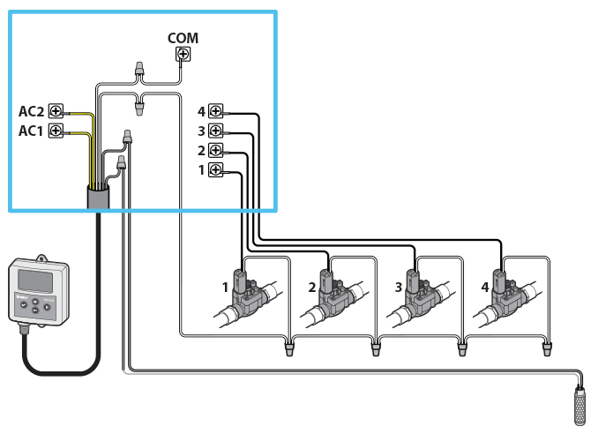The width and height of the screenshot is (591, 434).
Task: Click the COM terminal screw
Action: point(183,55)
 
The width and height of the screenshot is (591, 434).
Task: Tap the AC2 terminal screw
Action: point(56,111)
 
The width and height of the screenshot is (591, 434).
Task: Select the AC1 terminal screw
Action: point(56,131)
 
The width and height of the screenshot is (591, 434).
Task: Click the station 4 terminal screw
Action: point(215,111)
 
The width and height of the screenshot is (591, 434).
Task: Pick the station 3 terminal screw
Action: point(215,131)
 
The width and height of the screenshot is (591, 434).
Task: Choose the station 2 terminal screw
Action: point(215,150)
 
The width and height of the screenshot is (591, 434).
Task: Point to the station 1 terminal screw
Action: point(215,169)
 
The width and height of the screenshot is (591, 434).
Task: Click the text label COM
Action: point(183,38)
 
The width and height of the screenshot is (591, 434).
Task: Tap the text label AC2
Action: point(31,111)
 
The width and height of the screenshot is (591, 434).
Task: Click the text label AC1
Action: point(31,131)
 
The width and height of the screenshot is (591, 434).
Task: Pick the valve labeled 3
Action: point(416,296)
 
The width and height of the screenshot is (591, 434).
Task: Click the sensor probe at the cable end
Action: point(579,404)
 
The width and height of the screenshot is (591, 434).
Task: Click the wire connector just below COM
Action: point(138,69)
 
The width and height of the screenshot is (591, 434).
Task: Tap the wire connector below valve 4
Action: point(547,349)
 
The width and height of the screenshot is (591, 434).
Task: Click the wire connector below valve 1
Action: point(289,349)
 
